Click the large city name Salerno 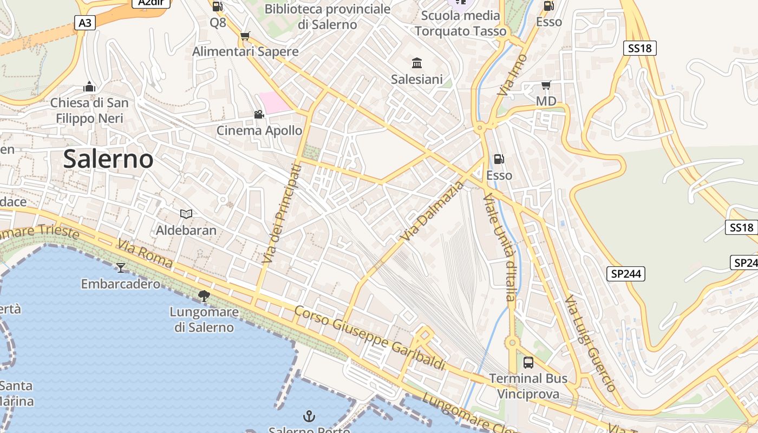pos(108,159)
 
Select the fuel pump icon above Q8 pos(218,6)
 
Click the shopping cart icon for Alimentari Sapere pos(245,36)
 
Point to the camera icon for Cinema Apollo pos(259,114)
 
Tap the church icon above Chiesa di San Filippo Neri pos(89,87)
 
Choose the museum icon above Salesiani pos(417,63)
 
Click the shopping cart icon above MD pos(546,85)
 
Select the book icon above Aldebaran pos(186,214)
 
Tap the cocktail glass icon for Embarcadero pos(121,267)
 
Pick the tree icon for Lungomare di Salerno pos(204,296)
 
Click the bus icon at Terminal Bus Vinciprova pos(528,362)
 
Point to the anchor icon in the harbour pos(309,416)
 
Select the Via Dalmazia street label pos(433,212)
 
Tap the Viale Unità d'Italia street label pos(499,247)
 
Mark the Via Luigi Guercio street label pos(591,343)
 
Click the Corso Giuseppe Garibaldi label pos(370,339)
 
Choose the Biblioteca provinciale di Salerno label pos(328,17)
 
